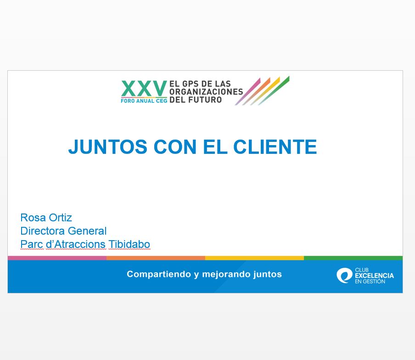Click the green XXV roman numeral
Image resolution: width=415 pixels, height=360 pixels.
[144, 89]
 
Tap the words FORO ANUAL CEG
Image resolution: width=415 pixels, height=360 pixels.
[144, 101]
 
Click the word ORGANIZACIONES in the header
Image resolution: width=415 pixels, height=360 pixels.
[206, 91]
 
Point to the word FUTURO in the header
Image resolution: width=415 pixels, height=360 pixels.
[205, 100]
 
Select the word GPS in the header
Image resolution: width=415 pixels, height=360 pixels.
[191, 84]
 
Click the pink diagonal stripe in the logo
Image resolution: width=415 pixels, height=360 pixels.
[248, 91]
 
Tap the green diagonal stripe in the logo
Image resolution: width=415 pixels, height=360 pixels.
[274, 90]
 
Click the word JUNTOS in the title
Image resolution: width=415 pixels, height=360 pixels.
[108, 146]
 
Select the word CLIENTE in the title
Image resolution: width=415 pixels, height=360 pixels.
[275, 146]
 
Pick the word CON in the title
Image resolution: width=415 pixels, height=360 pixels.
[175, 146]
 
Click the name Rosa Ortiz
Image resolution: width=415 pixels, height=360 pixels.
[46, 218]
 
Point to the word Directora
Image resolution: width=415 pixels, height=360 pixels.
[42, 231]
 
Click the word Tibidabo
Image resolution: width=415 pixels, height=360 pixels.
[129, 244]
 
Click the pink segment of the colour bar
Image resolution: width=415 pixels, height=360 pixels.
[57, 258]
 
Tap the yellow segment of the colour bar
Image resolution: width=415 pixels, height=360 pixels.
[254, 258]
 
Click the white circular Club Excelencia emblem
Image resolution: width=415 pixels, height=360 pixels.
[344, 276]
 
